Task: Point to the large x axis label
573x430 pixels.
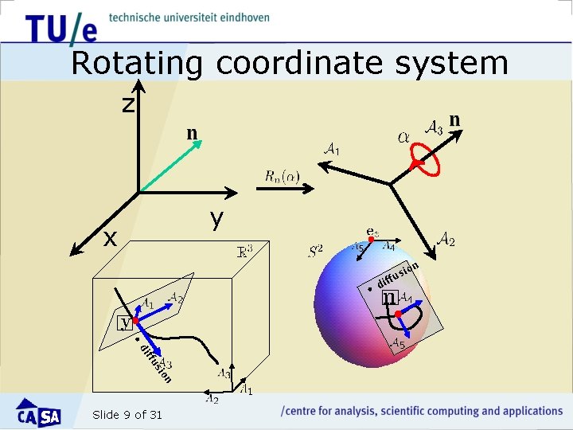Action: pos(111,237)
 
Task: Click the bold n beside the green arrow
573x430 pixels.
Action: pos(192,132)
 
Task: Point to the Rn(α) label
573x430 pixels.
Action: pos(283,176)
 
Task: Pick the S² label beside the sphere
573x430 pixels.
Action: pos(315,252)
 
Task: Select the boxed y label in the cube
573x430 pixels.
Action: pos(125,322)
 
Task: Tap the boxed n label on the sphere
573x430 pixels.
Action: pos(389,297)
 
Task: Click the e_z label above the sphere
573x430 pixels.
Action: pos(372,233)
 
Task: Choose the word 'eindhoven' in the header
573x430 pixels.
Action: pos(241,17)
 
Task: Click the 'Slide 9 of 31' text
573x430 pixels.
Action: pos(127,414)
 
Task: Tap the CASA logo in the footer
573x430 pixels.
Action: pos(39,413)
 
